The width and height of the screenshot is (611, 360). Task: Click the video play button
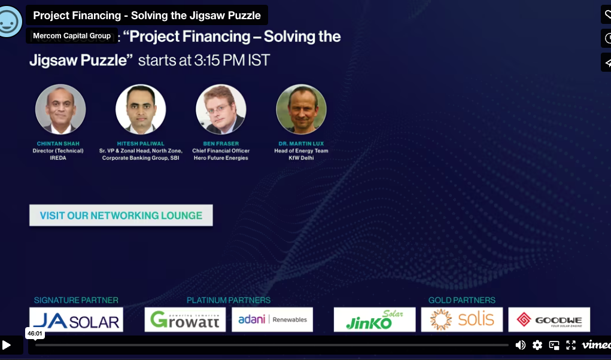7,345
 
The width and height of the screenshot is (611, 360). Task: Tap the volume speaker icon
521,345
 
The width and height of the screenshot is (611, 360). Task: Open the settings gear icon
537,345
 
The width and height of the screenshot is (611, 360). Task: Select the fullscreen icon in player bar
571,345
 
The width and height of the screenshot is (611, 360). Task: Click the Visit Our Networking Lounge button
121,215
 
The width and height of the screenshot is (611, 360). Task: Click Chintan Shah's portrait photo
60,109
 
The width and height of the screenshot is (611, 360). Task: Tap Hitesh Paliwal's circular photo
141,109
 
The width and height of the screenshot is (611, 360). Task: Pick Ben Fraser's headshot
221,109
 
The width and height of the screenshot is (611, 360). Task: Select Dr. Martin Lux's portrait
301,109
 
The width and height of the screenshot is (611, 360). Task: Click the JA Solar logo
76,320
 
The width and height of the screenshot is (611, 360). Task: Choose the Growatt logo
185,320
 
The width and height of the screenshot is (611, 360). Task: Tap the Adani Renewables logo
272,320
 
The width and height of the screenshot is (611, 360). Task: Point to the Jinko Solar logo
375,320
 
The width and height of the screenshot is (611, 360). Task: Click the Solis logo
461,320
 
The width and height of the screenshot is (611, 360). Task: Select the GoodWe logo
549,320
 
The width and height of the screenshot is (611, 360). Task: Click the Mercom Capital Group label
72,36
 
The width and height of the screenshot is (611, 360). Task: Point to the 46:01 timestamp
35,334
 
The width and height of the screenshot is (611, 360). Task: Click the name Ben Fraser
221,144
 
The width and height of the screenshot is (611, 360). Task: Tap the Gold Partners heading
461,300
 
